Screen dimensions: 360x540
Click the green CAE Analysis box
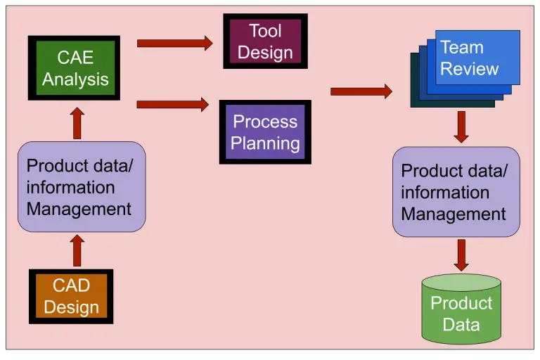(x=74, y=67)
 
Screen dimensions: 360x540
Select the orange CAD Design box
(x=71, y=296)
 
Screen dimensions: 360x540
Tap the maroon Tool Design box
(x=265, y=41)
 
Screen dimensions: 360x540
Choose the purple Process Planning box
(x=265, y=132)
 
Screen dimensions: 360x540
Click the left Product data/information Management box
(x=82, y=187)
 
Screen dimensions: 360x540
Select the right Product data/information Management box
(x=456, y=192)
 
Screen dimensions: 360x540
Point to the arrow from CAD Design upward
(x=77, y=250)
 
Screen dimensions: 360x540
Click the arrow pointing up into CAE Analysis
(x=77, y=123)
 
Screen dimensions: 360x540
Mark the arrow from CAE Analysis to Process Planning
(x=172, y=104)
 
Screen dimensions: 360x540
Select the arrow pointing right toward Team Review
(x=361, y=91)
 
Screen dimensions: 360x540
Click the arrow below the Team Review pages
(x=461, y=127)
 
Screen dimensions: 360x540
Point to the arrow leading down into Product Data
(x=461, y=255)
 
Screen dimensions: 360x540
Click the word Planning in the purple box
(x=265, y=143)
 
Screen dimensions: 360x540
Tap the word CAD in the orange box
(x=71, y=285)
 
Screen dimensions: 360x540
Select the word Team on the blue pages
(x=461, y=48)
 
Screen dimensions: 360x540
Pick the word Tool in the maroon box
(x=265, y=31)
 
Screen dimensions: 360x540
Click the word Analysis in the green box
(x=75, y=79)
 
